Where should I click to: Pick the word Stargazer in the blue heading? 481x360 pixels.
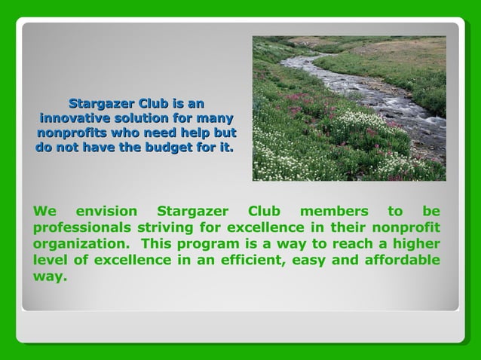(102, 103)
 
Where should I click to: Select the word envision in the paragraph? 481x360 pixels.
(107, 212)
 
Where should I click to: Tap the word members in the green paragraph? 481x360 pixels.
(333, 212)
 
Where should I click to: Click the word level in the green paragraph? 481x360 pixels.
(49, 260)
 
